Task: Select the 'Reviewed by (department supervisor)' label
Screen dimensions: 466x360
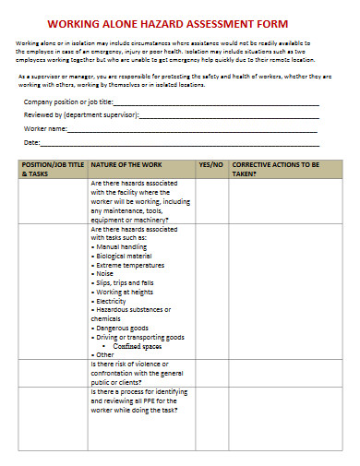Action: point(80,115)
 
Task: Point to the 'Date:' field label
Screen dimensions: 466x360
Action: point(32,143)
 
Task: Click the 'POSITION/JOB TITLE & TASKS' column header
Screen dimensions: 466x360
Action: point(52,168)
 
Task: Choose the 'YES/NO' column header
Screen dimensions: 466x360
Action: point(211,163)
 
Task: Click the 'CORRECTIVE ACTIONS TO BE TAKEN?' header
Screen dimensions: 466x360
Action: point(275,168)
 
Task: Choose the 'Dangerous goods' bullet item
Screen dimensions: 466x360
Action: point(121,328)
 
